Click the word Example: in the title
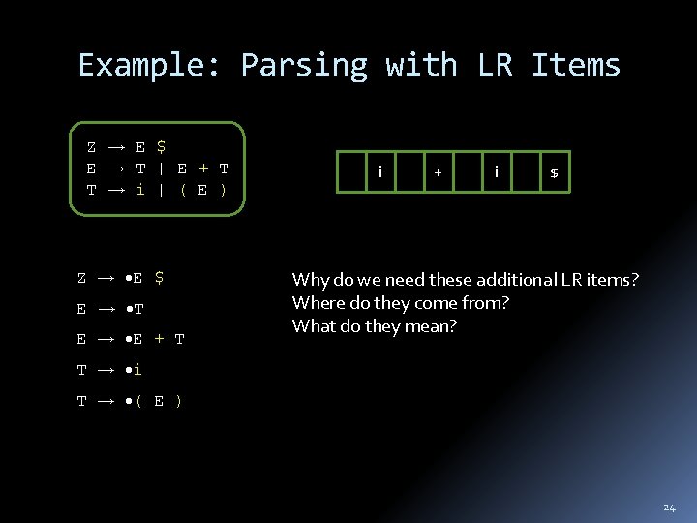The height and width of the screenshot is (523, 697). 151,65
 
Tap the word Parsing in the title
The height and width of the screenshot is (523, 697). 304,65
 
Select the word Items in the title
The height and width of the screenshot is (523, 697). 576,65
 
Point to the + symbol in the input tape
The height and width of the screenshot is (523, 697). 438,172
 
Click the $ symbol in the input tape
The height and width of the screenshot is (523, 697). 554,172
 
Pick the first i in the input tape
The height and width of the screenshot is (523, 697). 380,171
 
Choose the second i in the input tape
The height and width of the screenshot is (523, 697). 497,171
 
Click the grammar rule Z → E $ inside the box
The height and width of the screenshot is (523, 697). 126,147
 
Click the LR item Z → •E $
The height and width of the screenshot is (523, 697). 121,278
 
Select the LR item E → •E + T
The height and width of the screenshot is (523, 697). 131,339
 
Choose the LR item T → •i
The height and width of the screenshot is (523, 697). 110,370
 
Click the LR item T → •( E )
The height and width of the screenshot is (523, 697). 127,400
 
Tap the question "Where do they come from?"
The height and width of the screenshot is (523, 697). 400,303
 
